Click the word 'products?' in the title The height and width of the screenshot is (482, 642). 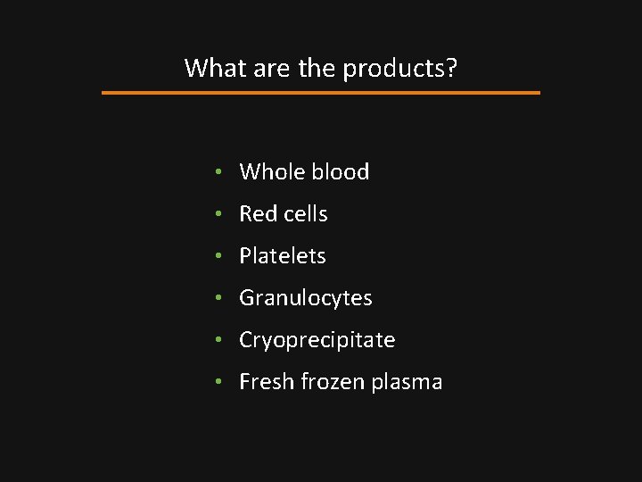400,68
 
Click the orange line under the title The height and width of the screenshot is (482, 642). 321,92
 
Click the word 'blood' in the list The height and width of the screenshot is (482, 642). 342,171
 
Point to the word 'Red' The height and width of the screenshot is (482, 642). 257,213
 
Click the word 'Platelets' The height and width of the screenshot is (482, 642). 283,255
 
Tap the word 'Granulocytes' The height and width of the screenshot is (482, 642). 306,298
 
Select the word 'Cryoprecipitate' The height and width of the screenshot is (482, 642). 317,340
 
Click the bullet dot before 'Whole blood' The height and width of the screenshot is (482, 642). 219,172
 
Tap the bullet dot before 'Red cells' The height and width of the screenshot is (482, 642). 219,214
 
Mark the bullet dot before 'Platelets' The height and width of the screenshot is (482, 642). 219,256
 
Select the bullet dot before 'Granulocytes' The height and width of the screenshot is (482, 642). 219,298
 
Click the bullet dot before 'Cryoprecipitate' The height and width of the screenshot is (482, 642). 219,340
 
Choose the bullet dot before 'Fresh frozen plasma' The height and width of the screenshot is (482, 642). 219,382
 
